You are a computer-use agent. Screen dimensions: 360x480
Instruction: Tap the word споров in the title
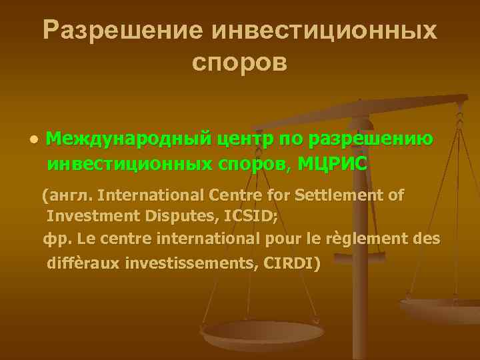point(239,61)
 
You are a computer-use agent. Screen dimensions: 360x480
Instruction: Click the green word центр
point(245,139)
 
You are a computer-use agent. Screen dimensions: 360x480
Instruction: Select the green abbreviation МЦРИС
point(332,163)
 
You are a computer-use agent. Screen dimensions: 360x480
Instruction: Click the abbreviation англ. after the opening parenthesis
point(71,195)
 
